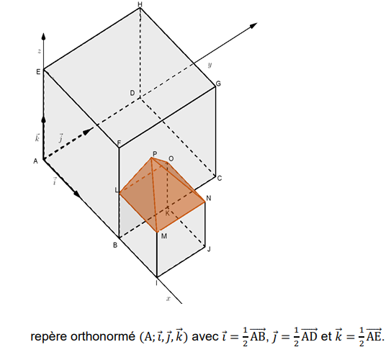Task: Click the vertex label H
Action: point(140,4)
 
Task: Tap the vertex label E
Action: point(38,72)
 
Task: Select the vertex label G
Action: point(218,84)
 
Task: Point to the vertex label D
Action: point(132,93)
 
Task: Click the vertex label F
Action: point(119,143)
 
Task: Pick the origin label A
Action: point(36,161)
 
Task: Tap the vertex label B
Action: point(115,246)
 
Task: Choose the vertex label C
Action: point(220,179)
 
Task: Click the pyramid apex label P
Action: point(155,154)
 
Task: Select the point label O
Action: point(171,158)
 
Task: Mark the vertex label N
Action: point(209,198)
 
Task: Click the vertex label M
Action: point(164,236)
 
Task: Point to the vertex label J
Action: point(209,249)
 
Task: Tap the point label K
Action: point(167,213)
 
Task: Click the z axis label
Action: point(39,51)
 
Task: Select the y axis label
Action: point(210,65)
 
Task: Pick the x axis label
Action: point(168,298)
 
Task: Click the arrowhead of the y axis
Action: point(253,25)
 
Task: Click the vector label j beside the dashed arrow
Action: point(60,138)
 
